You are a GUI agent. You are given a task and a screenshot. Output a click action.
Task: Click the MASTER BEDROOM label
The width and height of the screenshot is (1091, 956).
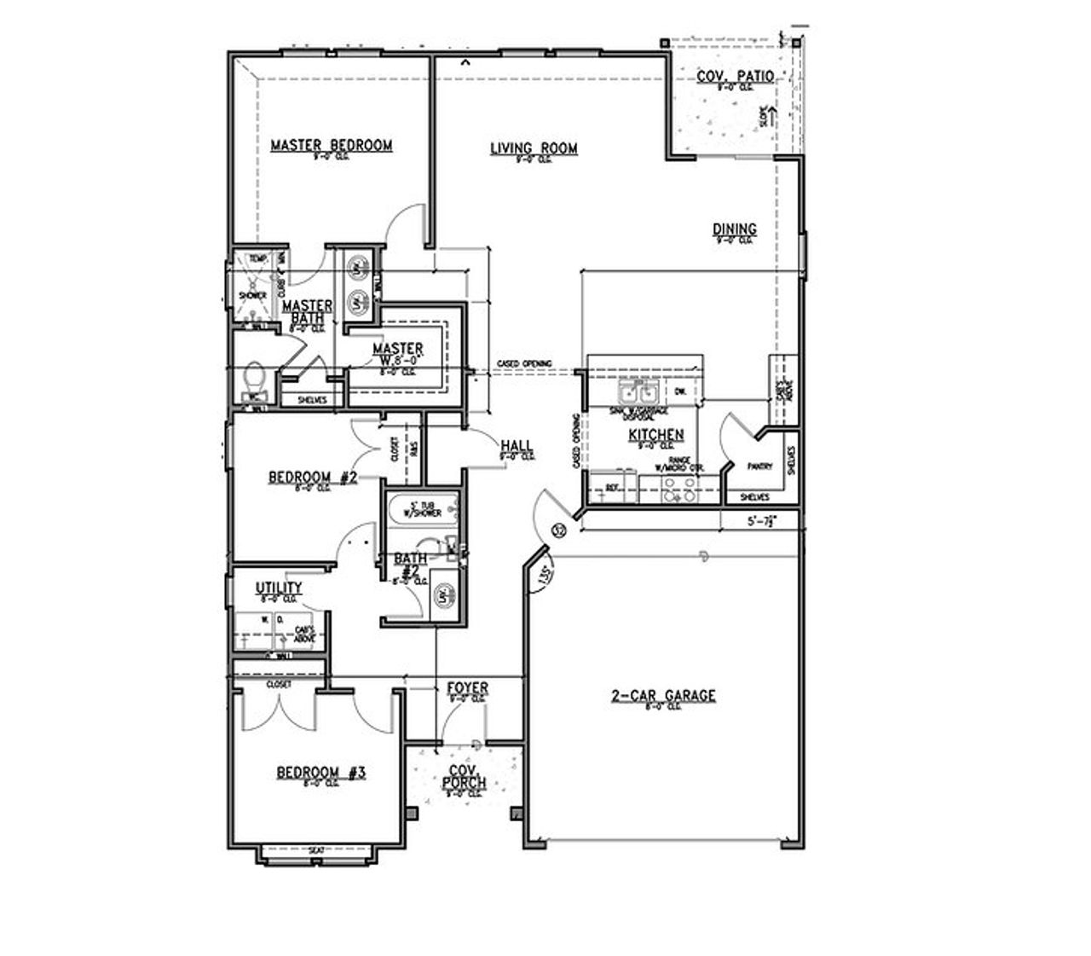331,145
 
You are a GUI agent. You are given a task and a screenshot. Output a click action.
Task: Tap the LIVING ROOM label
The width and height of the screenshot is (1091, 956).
534,148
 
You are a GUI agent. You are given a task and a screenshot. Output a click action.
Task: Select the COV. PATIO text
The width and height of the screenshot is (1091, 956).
735,77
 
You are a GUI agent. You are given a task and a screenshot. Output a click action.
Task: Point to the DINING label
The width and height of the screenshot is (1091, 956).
734,229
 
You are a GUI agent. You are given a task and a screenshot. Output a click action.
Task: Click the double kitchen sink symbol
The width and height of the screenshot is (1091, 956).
638,393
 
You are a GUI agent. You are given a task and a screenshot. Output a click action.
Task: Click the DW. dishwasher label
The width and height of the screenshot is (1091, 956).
680,391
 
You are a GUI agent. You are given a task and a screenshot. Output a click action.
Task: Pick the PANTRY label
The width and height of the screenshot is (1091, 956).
759,466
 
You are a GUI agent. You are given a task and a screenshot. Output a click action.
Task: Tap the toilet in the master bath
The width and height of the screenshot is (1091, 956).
254,380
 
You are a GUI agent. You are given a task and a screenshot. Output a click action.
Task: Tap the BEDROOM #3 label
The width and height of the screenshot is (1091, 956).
320,773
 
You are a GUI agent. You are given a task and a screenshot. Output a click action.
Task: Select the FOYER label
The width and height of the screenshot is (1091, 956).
467,688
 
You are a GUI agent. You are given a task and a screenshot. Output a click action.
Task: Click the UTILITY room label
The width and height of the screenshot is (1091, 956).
279,588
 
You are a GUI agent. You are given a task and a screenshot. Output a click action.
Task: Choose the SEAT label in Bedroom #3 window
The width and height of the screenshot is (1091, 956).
316,850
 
